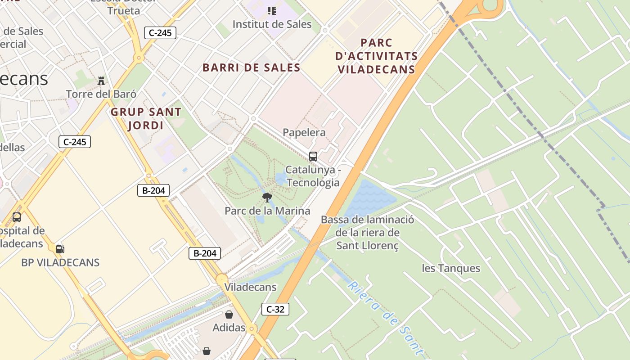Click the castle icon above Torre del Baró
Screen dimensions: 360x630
[x=101, y=81]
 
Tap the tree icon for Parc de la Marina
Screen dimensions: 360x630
[x=267, y=197]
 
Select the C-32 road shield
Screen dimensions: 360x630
[x=275, y=309]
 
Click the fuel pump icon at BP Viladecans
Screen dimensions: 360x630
[x=60, y=249]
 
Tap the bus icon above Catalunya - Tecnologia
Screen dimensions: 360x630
[x=313, y=157]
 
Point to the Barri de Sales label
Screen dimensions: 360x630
[x=251, y=67]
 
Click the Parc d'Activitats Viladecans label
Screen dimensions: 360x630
[x=377, y=56]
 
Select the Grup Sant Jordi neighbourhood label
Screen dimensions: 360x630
[x=146, y=118]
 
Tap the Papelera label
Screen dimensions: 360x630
[x=304, y=132]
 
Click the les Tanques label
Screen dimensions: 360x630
[x=451, y=268]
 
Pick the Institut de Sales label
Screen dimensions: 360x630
[x=272, y=24]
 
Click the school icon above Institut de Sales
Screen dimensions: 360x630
[x=271, y=10]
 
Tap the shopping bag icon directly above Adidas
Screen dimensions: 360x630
[x=229, y=315]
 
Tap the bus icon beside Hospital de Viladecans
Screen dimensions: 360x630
[x=17, y=217]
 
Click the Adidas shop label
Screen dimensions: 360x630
[x=229, y=328]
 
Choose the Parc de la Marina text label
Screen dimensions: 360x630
[x=267, y=211]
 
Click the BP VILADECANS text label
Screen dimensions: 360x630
[x=60, y=262]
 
